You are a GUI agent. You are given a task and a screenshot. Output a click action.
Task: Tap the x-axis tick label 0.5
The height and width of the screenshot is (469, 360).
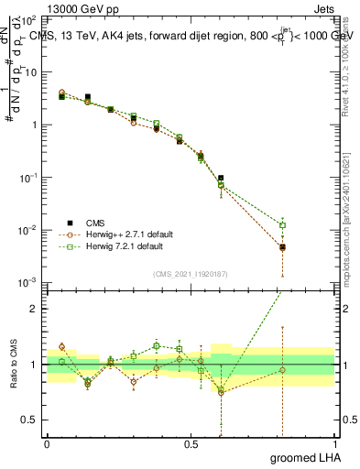191,443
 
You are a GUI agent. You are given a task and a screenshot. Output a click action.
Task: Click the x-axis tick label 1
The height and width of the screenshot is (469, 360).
334,443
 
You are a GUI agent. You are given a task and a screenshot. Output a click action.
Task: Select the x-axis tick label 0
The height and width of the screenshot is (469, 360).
47,443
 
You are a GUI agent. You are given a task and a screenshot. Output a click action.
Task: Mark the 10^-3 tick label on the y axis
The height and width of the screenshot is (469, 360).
31,282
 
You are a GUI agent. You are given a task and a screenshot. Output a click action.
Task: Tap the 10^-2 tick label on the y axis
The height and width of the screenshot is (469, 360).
31,229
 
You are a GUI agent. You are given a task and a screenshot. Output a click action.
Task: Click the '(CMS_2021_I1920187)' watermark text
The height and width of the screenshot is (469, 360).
191,272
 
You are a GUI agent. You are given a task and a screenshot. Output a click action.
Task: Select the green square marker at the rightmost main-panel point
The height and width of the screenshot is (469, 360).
283,225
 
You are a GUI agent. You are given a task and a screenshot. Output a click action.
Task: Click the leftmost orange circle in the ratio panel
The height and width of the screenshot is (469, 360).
61,347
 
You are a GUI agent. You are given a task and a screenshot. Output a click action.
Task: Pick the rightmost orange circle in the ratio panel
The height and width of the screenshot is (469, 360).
283,370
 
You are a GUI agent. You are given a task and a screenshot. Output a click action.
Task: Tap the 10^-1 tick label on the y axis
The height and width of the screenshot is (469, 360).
31,177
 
